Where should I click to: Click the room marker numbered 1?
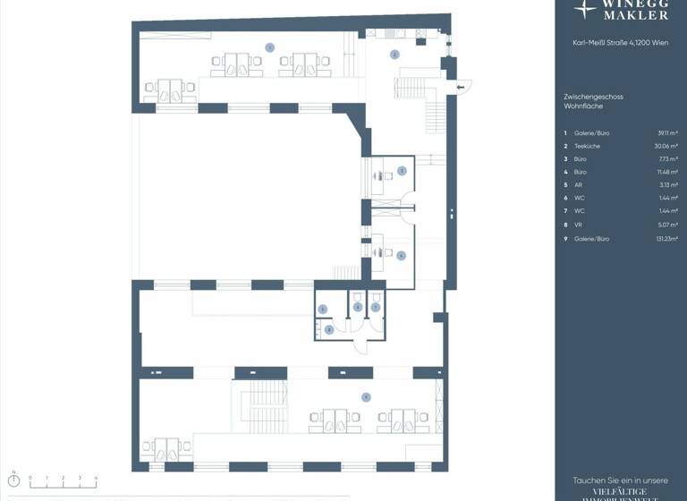(269, 47)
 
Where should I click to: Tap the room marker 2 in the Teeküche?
(394, 55)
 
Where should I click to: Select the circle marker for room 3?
(402, 170)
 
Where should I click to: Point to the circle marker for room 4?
(402, 256)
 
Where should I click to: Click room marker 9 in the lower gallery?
(365, 396)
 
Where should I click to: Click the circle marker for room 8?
(329, 329)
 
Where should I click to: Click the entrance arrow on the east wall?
(462, 87)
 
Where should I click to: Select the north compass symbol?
(13, 480)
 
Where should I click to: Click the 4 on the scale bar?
(96, 478)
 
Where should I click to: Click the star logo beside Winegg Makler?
(586, 9)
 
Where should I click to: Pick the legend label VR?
(579, 225)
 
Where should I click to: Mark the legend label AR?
(579, 185)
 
